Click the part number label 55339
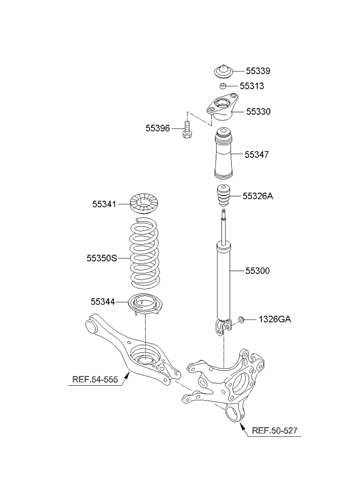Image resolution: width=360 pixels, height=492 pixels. click(x=258, y=71)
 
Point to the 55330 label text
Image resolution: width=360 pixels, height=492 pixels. click(x=258, y=111)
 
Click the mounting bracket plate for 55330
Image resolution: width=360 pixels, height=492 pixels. click(x=221, y=109)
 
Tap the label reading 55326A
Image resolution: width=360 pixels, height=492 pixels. click(x=258, y=196)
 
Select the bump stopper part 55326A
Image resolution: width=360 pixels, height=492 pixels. click(x=222, y=198)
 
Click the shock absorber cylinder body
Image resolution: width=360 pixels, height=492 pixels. click(x=223, y=278)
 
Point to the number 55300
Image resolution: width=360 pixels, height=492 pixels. click(x=257, y=271)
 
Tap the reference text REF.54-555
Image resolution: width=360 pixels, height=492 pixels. click(x=95, y=381)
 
